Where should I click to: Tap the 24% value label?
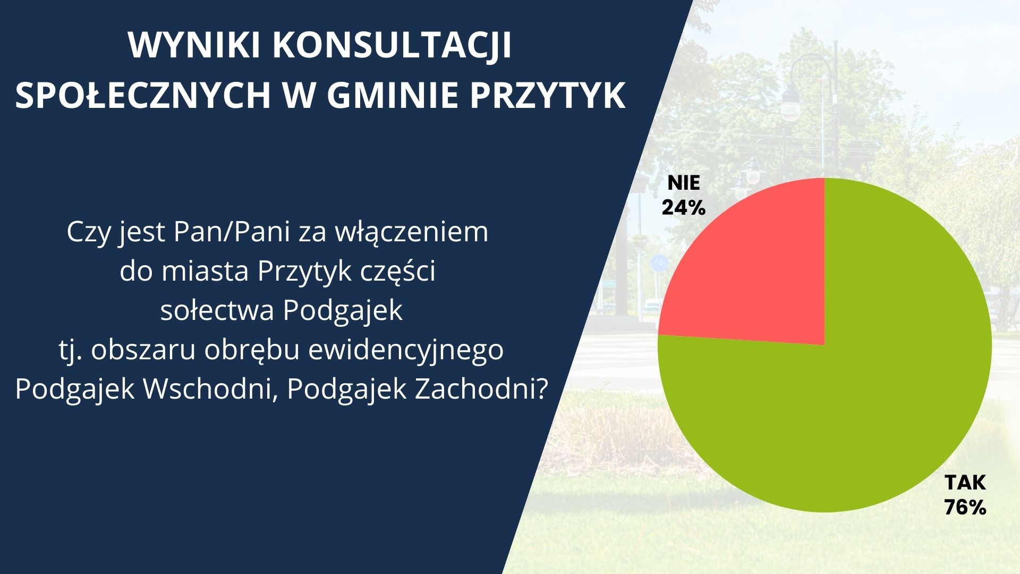pos(683,207)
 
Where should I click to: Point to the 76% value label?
pos(965,508)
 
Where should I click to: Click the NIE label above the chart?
pos(684,183)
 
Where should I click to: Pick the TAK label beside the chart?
pos(965,483)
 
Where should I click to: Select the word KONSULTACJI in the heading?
pos(392,46)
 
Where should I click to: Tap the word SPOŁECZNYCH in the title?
pos(143,96)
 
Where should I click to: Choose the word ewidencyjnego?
pos(406,351)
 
